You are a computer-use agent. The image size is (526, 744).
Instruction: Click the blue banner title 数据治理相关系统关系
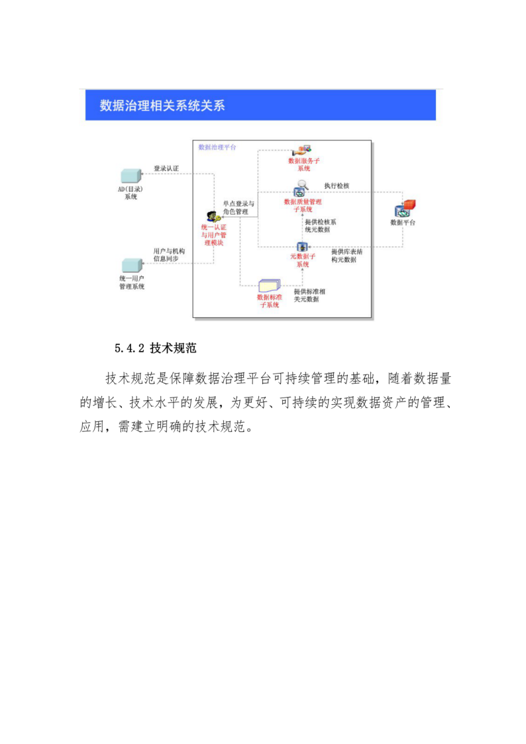click(x=162, y=105)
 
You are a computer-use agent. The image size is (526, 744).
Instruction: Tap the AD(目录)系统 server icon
click(x=130, y=176)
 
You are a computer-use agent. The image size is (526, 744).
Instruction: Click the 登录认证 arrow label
click(x=166, y=168)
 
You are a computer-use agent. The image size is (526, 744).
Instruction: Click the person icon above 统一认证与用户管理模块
click(x=213, y=217)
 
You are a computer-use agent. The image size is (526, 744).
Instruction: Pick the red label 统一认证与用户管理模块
click(x=213, y=235)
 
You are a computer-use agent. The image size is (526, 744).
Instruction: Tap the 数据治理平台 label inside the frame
click(x=217, y=147)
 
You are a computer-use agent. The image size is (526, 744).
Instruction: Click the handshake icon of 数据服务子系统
click(x=303, y=150)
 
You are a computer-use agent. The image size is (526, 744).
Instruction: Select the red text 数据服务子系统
click(x=303, y=164)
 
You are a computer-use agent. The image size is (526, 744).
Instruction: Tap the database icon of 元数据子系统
click(x=301, y=246)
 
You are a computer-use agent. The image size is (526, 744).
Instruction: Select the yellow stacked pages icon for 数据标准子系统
click(x=269, y=286)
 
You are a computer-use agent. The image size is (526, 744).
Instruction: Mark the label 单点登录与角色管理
click(x=238, y=207)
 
